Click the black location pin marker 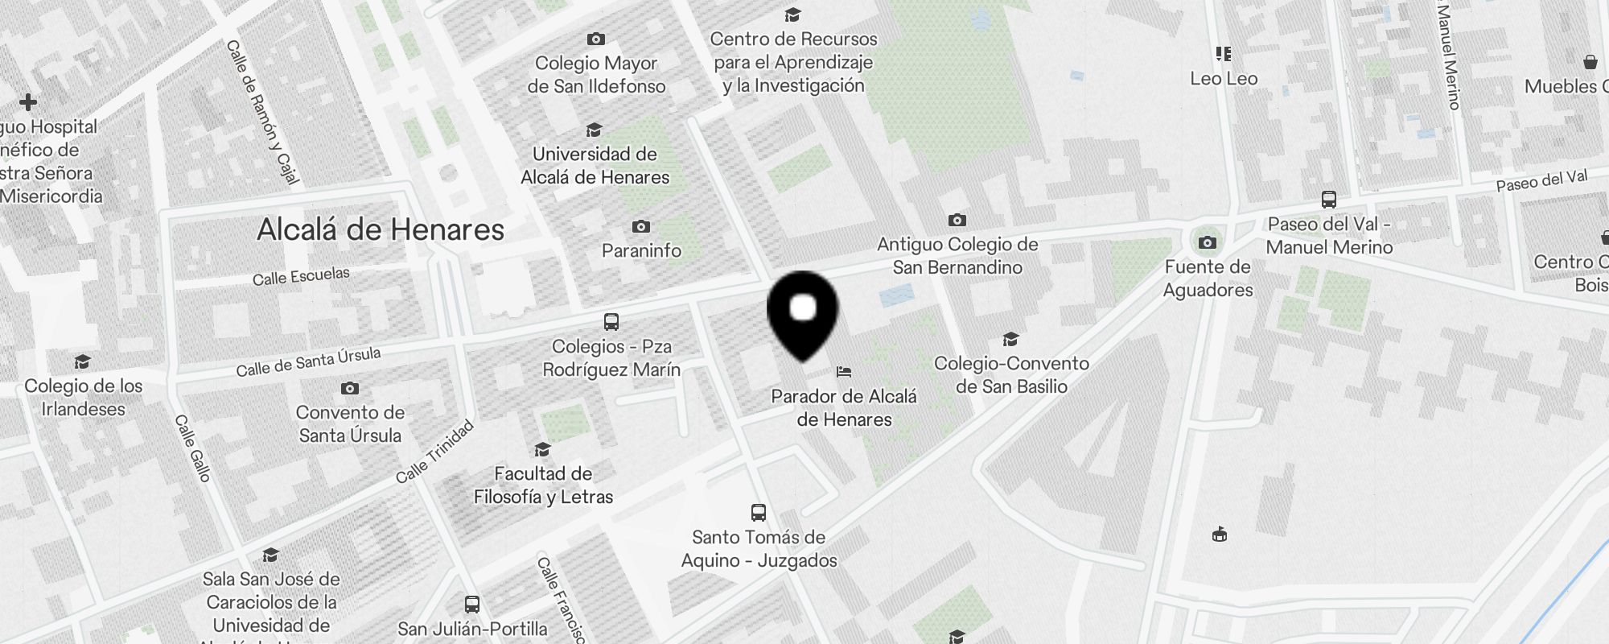pyautogui.click(x=803, y=314)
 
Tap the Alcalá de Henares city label pyautogui.click(x=381, y=230)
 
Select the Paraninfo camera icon pyautogui.click(x=641, y=226)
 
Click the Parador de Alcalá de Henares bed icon pyautogui.click(x=844, y=372)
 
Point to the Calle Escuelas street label pyautogui.click(x=301, y=277)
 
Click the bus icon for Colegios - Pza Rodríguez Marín pyautogui.click(x=611, y=322)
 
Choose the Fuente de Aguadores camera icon pyautogui.click(x=1208, y=242)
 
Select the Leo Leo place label pyautogui.click(x=1224, y=79)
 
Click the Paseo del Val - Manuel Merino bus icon pyautogui.click(x=1329, y=200)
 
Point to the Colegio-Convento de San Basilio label pyautogui.click(x=1011, y=375)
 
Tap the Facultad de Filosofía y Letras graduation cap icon pyautogui.click(x=543, y=449)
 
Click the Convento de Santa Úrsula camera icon pyautogui.click(x=350, y=389)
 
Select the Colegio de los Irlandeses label pyautogui.click(x=84, y=398)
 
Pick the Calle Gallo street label pyautogui.click(x=193, y=448)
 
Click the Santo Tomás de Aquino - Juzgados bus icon pyautogui.click(x=759, y=513)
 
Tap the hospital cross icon pyautogui.click(x=28, y=102)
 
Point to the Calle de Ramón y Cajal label pyautogui.click(x=262, y=112)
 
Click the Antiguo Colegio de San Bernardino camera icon pyautogui.click(x=957, y=220)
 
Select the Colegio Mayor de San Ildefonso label pyautogui.click(x=596, y=75)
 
